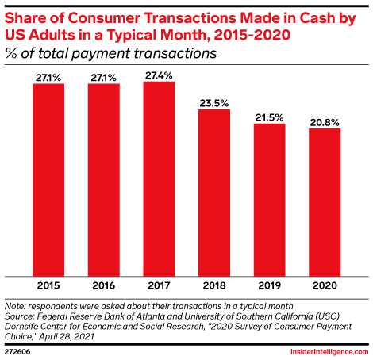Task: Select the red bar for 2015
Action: [48, 180]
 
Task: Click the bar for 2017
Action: [159, 179]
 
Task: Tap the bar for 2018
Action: [214, 193]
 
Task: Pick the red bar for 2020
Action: [325, 202]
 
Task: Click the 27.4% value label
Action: [159, 75]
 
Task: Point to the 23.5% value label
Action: [214, 103]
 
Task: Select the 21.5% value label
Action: [269, 117]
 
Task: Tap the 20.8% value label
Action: [325, 122]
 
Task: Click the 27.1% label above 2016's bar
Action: [103, 78]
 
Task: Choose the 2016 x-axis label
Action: [104, 285]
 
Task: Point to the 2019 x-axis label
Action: [269, 285]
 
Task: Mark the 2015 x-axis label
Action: [48, 285]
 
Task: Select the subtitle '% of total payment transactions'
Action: [111, 53]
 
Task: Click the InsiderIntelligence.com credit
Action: [329, 352]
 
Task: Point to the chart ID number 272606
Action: [17, 352]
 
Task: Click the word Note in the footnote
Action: [15, 306]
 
